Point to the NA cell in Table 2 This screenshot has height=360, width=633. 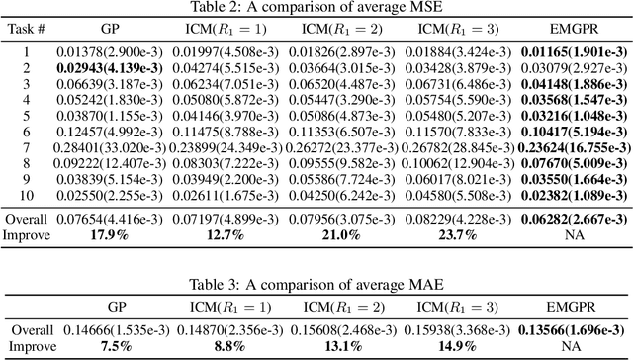tap(573, 234)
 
